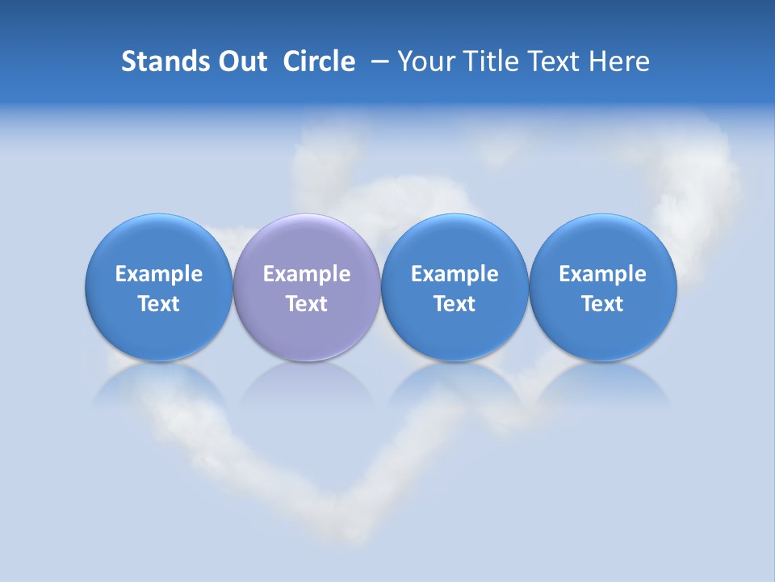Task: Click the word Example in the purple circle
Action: pyautogui.click(x=307, y=275)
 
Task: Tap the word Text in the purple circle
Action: pyautogui.click(x=307, y=304)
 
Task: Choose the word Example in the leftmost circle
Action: pyautogui.click(x=159, y=275)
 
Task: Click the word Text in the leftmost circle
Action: pyautogui.click(x=159, y=304)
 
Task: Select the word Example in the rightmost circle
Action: pyautogui.click(x=602, y=275)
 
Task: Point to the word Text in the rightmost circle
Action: pyautogui.click(x=602, y=304)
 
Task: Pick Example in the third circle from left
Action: pyautogui.click(x=455, y=275)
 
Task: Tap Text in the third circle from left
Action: pyautogui.click(x=455, y=304)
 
